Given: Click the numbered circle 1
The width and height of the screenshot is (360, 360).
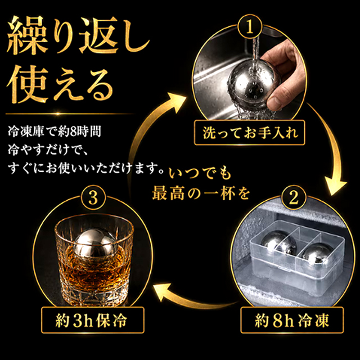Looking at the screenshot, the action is pos(250,27).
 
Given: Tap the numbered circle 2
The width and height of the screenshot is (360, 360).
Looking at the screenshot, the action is pos(294,197).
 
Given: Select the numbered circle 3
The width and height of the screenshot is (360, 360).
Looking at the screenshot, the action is pos(93,198).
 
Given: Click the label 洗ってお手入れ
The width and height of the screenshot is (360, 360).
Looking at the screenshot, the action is pos(250,133).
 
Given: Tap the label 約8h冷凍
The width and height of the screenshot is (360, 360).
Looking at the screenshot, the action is pos(292,321).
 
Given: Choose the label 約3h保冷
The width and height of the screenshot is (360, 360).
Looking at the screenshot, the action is pos(93,321).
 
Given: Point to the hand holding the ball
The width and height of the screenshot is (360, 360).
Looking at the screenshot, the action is pos(283,74).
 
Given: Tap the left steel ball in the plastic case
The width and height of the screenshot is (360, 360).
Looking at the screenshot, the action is pos(280,244).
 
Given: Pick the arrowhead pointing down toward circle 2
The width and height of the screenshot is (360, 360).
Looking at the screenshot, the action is pos(336,186).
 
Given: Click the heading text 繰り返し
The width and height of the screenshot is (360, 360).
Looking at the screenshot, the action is pos(78,37).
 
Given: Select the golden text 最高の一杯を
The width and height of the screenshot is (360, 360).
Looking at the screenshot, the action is pos(201,193).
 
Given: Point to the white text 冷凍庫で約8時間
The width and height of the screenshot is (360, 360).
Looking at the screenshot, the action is pos(55,132).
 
